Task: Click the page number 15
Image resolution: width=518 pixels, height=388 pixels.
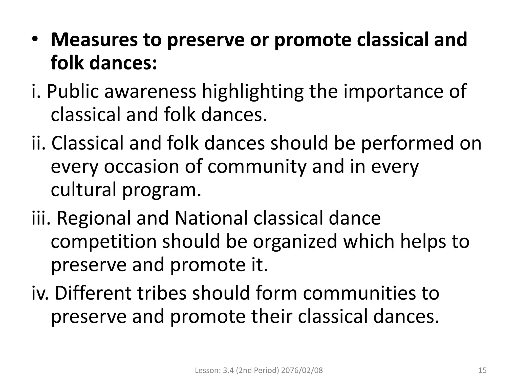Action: pyautogui.click(x=482, y=371)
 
